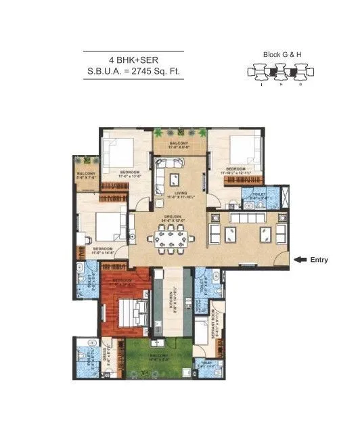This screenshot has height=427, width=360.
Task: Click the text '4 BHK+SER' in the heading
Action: (x=133, y=60)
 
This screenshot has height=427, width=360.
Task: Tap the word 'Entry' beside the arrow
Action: (x=319, y=259)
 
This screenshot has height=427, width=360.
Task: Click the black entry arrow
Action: (x=300, y=259)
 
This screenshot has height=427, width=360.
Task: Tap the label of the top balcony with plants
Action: (x=179, y=143)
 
